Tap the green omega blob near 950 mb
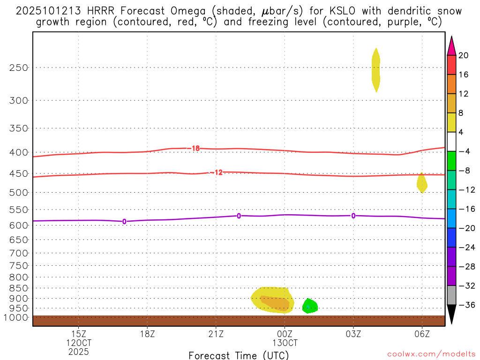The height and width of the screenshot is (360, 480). coord(310,306)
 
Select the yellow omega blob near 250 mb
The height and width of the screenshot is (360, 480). coord(375,69)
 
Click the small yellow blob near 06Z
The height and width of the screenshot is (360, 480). coord(422,183)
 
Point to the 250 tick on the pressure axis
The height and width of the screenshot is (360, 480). coord(19,67)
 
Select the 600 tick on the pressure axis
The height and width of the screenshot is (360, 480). coord(19,225)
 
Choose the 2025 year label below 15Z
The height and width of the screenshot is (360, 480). coord(78,351)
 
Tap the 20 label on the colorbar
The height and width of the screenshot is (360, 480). coord(464,55)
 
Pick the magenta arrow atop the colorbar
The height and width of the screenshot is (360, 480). coord(452,45)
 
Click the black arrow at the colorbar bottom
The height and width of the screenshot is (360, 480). coord(452,314)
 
